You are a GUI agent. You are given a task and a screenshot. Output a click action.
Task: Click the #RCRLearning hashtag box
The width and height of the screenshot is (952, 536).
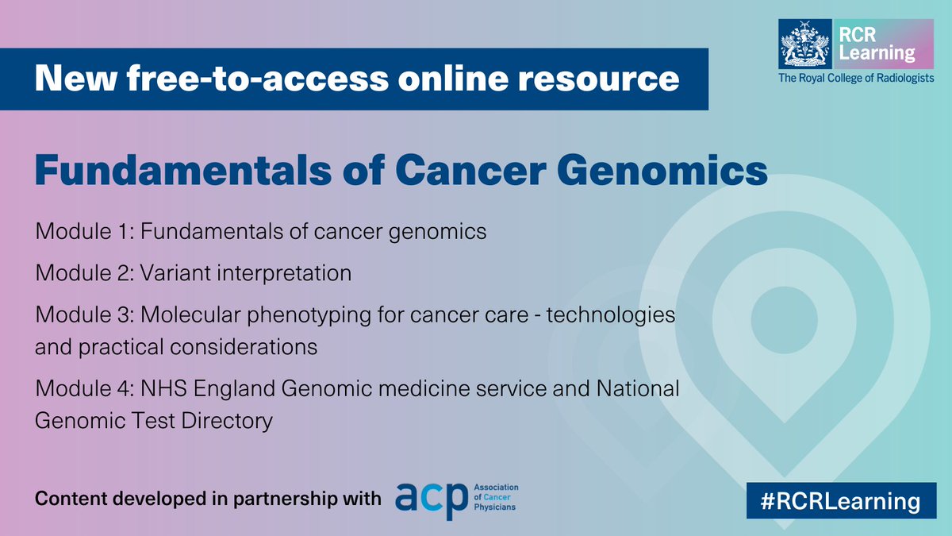tap(835, 501)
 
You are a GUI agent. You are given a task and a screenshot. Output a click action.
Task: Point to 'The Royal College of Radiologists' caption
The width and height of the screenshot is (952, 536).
tap(856, 78)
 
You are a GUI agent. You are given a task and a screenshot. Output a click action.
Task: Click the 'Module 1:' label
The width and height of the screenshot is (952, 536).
tap(84, 233)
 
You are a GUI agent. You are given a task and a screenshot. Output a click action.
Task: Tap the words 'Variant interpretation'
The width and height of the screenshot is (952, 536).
tap(246, 273)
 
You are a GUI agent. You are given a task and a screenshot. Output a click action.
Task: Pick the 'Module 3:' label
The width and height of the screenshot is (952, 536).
tap(84, 314)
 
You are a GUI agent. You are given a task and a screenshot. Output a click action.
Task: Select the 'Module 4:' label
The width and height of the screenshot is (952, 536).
tap(84, 389)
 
